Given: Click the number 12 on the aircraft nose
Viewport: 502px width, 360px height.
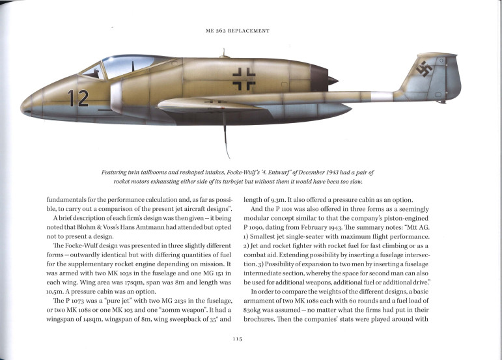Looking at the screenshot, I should [x=79, y=98].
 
